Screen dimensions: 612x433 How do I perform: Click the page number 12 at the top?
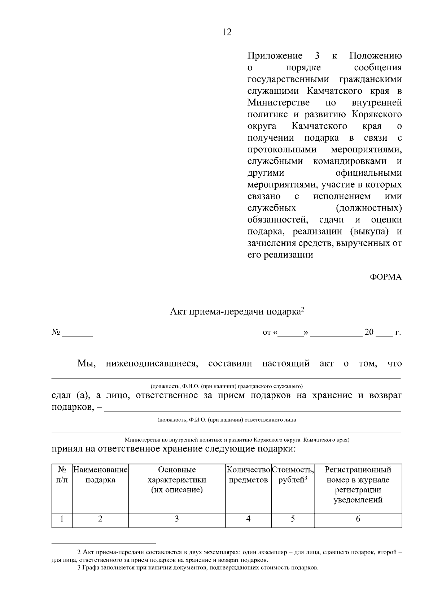pyautogui.click(x=227, y=32)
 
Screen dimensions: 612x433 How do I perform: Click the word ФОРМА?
pyautogui.click(x=385, y=277)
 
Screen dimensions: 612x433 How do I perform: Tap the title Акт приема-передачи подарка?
pyautogui.click(x=237, y=311)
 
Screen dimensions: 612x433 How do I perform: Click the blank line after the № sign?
pyautogui.click(x=77, y=334)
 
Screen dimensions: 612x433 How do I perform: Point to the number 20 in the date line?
pyautogui.click(x=369, y=332)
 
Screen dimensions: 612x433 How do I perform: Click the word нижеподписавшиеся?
pyautogui.click(x=152, y=364)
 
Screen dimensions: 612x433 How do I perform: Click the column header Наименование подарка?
pyautogui.click(x=100, y=475)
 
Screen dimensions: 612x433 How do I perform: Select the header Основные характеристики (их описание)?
pyautogui.click(x=177, y=480)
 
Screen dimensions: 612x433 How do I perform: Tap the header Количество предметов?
pyautogui.click(x=248, y=475)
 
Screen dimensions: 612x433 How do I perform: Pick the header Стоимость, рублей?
pyautogui.click(x=293, y=475)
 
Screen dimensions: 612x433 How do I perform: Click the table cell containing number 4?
pyautogui.click(x=248, y=519)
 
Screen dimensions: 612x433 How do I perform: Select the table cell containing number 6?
pyautogui.click(x=358, y=519)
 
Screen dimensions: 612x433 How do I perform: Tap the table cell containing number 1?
pyautogui.click(x=62, y=519)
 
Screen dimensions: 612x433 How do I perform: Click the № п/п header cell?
pyautogui.click(x=62, y=475)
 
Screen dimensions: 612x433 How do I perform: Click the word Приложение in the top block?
pyautogui.click(x=275, y=56)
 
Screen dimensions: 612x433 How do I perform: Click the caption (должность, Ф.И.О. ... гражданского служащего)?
pyautogui.click(x=227, y=386)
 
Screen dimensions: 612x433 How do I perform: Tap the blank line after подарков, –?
pyautogui.click(x=253, y=408)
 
